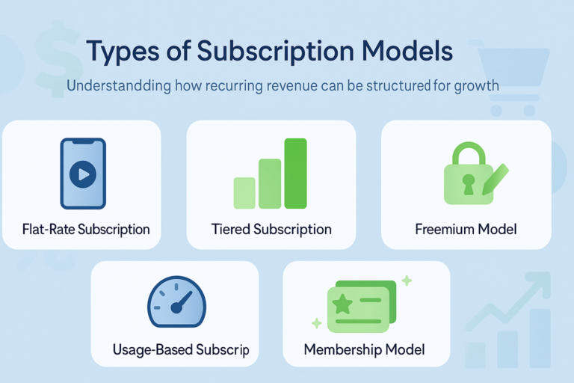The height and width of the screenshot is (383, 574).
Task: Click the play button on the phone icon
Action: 82,174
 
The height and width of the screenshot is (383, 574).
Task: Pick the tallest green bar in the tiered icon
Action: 295,174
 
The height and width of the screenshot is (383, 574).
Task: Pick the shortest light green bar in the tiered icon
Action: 244,192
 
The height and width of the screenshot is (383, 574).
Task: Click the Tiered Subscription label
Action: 271,229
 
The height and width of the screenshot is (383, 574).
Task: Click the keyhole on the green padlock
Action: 467,183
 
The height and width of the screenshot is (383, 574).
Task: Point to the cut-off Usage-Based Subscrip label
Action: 180,349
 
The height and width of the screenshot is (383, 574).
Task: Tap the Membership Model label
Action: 364,349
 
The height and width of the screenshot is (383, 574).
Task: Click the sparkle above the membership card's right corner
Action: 407,281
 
